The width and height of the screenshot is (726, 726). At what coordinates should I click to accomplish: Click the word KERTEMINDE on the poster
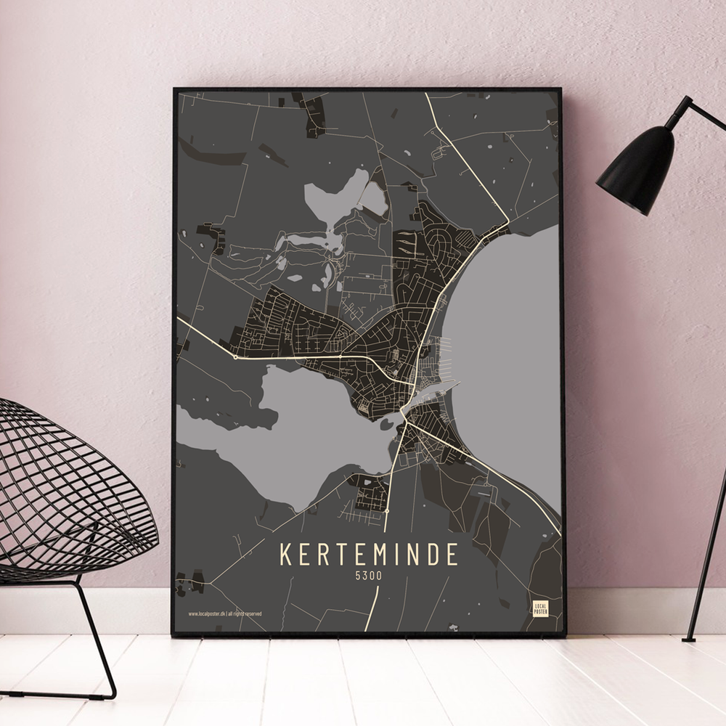[369, 555]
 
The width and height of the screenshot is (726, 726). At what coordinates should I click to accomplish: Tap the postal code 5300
[369, 576]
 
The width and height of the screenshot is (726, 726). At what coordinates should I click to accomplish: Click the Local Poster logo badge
[540, 608]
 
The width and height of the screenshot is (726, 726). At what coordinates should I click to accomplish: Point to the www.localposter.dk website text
[206, 613]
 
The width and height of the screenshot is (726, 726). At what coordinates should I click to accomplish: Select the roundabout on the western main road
[236, 357]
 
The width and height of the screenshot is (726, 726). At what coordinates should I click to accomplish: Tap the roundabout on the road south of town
[387, 511]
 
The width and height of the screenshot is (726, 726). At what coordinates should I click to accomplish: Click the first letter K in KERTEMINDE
[285, 555]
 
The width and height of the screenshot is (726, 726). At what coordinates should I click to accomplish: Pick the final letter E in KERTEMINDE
[453, 555]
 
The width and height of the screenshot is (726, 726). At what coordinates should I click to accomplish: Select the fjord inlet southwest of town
[305, 443]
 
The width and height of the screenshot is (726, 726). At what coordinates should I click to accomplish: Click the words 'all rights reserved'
[245, 613]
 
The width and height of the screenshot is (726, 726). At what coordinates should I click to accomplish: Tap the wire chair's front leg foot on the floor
[109, 693]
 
